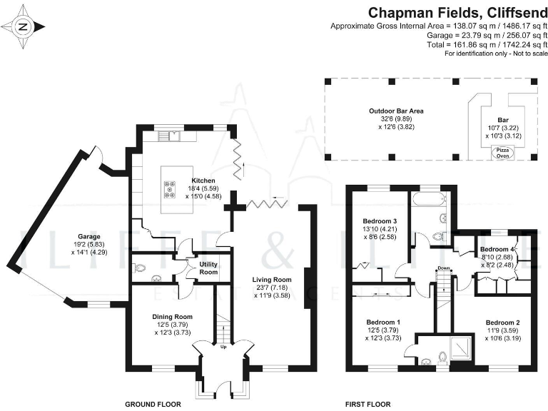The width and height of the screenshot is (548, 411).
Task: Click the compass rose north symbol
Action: point(24,27)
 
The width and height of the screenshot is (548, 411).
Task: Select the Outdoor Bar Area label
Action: point(396,111)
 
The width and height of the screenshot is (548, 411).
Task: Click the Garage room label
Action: point(90,236)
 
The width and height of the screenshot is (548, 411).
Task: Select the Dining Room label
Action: point(173,316)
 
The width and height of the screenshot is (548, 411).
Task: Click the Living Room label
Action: point(272,279)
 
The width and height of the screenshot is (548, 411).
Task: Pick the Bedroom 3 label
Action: point(380,220)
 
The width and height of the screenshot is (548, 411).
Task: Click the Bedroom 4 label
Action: point(496,249)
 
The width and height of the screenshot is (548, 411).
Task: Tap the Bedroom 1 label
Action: point(383,322)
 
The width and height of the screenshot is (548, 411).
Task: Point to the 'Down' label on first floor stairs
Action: point(444,269)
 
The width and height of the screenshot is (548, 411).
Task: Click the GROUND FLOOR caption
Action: point(153,404)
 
